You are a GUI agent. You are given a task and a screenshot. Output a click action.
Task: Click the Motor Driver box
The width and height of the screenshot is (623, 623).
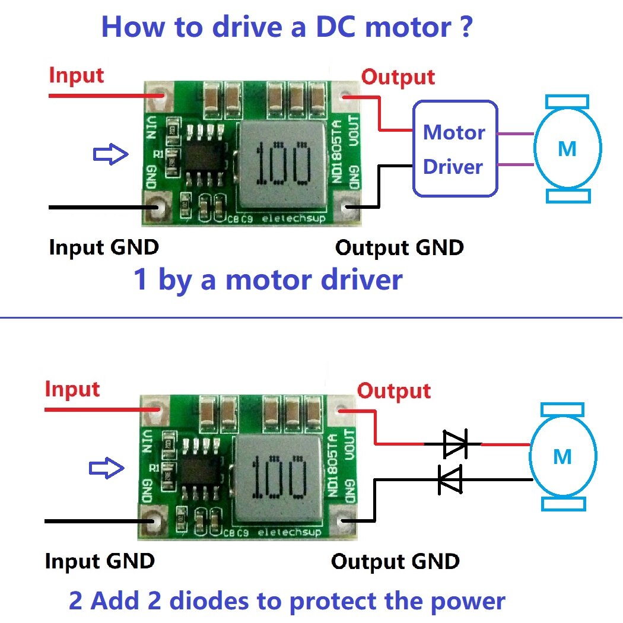454,148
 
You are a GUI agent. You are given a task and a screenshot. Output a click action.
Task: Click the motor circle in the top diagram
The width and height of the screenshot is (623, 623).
567,148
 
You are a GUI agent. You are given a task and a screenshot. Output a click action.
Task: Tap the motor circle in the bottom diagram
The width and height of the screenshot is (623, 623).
562,457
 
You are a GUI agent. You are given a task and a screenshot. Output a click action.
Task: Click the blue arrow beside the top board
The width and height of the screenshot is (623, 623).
111,155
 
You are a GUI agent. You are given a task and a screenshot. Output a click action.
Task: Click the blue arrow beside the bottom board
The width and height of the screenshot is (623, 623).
107,468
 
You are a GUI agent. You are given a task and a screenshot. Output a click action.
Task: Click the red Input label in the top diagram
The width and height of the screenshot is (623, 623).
76,75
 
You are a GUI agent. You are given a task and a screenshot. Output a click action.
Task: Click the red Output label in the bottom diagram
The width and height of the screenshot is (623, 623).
394,391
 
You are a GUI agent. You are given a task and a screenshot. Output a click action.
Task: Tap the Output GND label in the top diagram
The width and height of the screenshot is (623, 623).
399,247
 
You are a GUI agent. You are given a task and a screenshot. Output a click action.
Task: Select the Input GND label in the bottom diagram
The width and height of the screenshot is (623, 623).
100,561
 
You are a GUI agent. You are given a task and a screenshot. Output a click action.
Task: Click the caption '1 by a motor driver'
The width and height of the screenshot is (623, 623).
268,279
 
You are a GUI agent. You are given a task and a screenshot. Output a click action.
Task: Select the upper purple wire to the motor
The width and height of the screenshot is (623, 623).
514,134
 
